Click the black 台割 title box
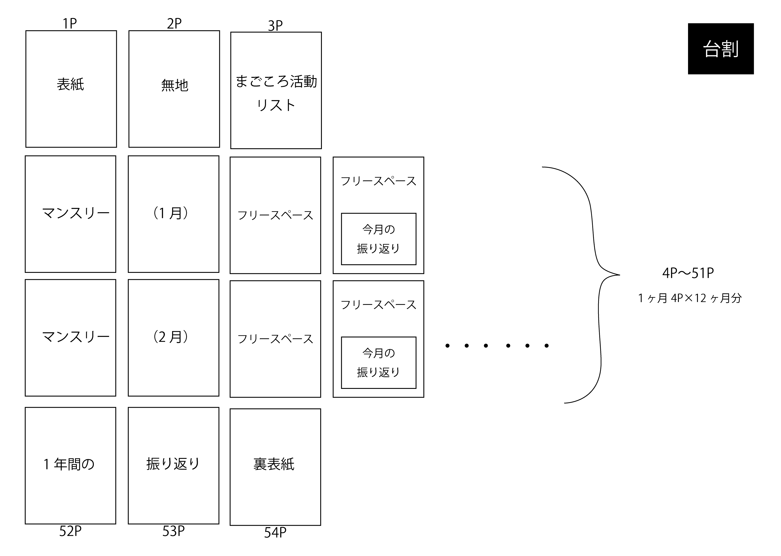pyautogui.click(x=720, y=49)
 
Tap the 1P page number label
pyautogui.click(x=70, y=24)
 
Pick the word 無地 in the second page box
pyautogui.click(x=175, y=85)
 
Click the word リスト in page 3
pyautogui.click(x=276, y=105)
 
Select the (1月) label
pyautogui.click(x=170, y=213)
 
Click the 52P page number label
pyautogui.click(x=70, y=531)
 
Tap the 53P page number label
pyautogui.click(x=173, y=531)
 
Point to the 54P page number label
pyautogui.click(x=275, y=532)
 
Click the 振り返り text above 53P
pyautogui.click(x=173, y=464)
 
